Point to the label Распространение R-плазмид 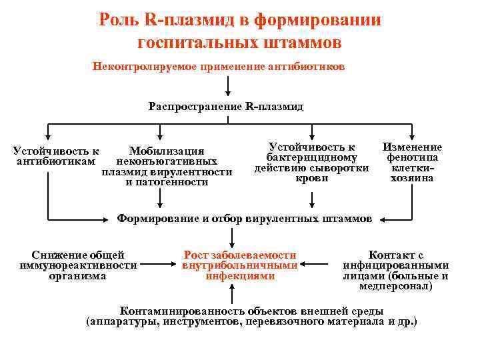[x=226, y=106]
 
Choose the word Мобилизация [x=167, y=151]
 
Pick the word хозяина [x=412, y=178]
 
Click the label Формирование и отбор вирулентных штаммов [x=245, y=218]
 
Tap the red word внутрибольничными [x=239, y=265]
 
